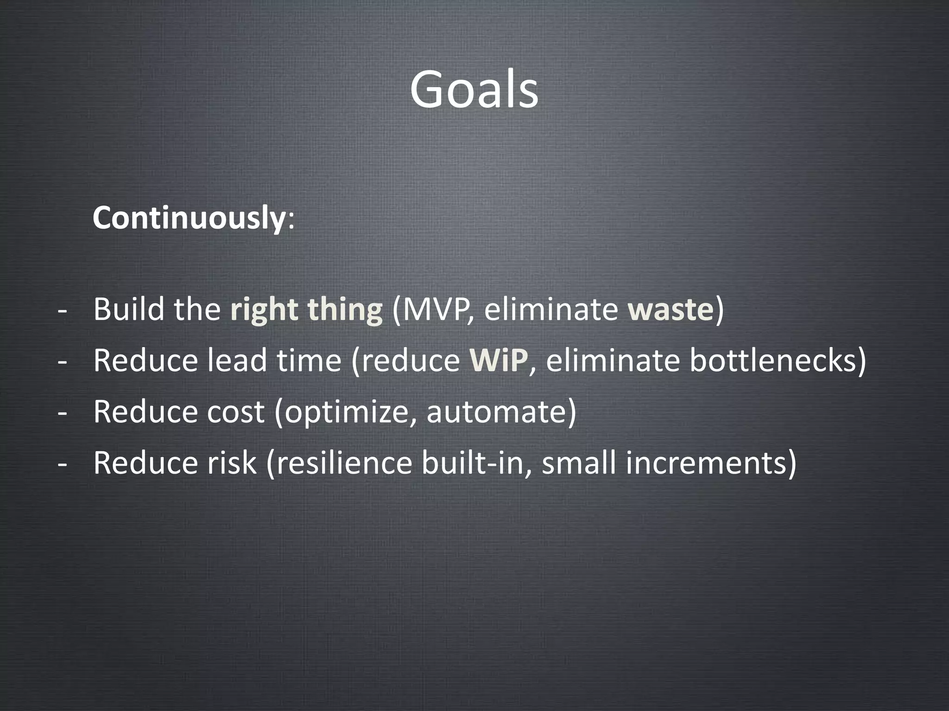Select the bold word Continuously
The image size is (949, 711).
(x=188, y=218)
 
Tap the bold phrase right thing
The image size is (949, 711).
(x=306, y=310)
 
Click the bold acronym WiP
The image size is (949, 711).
(x=498, y=361)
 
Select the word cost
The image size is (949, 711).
(x=235, y=412)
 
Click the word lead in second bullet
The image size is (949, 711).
(x=236, y=361)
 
